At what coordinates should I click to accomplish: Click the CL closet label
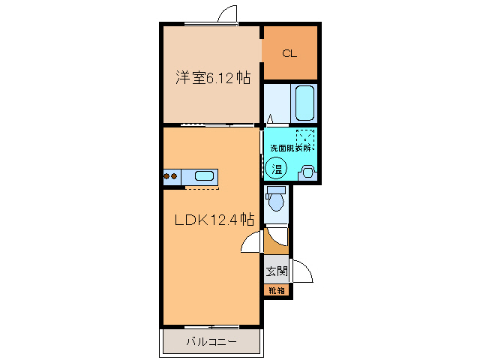(289, 53)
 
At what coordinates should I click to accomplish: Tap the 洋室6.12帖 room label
(213, 76)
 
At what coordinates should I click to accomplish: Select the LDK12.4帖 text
(214, 220)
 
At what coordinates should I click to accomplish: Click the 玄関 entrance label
(275, 271)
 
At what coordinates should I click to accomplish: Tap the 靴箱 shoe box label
(276, 290)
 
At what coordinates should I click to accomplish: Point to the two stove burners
(171, 177)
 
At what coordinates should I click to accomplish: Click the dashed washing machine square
(304, 139)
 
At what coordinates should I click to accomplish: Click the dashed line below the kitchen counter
(202, 189)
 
